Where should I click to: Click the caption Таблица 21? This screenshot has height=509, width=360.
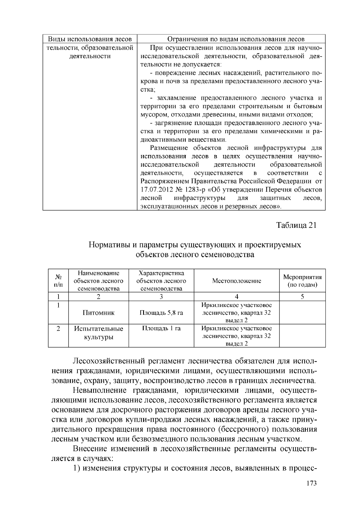tap(296, 225)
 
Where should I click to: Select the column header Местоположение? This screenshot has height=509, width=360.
tap(236, 281)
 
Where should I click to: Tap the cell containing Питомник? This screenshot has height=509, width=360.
tap(98, 313)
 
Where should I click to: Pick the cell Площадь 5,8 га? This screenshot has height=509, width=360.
tap(161, 313)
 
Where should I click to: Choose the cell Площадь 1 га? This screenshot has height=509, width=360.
tap(161, 328)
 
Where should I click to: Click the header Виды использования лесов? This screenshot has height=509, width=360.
tap(90, 39)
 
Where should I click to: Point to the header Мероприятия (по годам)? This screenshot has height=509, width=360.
tap(302, 281)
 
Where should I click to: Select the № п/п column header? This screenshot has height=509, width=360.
tap(58, 281)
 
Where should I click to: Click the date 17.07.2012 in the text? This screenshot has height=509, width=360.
tap(155, 190)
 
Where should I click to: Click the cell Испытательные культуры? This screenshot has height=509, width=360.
tap(98, 333)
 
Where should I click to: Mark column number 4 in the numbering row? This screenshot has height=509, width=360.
tap(236, 296)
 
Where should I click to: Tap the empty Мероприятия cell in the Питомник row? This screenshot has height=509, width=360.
tap(302, 313)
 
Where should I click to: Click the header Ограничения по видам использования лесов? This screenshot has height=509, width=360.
tap(231, 39)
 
